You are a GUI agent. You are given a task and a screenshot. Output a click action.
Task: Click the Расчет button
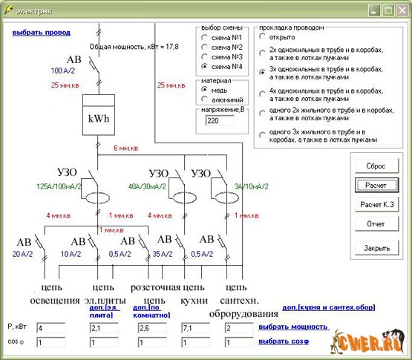pos(376,185)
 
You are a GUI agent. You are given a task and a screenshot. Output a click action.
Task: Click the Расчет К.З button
pos(376,204)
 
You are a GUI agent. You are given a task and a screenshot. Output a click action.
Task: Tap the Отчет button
pos(376,223)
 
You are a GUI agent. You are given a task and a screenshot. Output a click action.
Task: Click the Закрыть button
pos(376,248)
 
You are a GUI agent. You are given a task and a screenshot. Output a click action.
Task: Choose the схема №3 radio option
pos(204,56)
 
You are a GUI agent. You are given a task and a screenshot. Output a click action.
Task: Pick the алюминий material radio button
pos(204,99)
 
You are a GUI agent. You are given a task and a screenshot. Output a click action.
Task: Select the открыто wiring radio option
pos(262,35)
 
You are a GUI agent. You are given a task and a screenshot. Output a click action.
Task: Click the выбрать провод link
pos(41,33)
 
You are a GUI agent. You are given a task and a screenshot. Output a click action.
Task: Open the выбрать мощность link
pos(293,327)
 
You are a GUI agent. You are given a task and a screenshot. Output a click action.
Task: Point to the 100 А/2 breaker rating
pos(65,71)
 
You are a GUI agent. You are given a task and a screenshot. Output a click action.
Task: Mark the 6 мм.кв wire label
pos(127,148)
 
